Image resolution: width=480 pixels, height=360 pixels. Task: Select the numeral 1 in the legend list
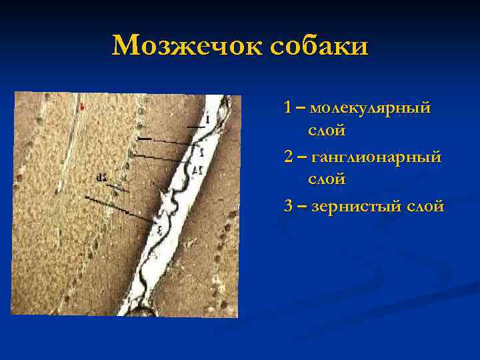point(287,107)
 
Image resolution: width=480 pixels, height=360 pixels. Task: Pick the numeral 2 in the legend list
point(287,156)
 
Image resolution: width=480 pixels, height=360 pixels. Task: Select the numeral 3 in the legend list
point(287,206)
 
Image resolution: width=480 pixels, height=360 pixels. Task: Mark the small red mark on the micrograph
point(81,106)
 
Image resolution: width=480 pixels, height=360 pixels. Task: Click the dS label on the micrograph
point(101,177)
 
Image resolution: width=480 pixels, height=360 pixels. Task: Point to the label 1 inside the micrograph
point(207,119)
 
